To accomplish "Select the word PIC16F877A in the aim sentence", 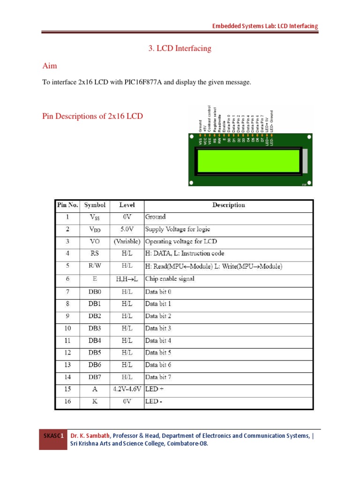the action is [x=143, y=82].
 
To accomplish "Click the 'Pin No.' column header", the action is [x=67, y=205].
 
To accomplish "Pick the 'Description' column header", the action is [x=228, y=205].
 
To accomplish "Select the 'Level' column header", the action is [x=127, y=205].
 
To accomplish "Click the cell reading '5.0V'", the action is [x=127, y=230].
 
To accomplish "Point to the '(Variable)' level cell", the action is [x=127, y=242].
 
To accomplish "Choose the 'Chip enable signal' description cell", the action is [x=170, y=279].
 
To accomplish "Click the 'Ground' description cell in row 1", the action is [x=156, y=217].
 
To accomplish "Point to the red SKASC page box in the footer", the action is [x=53, y=439].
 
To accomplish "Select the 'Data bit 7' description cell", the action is [x=158, y=377].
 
